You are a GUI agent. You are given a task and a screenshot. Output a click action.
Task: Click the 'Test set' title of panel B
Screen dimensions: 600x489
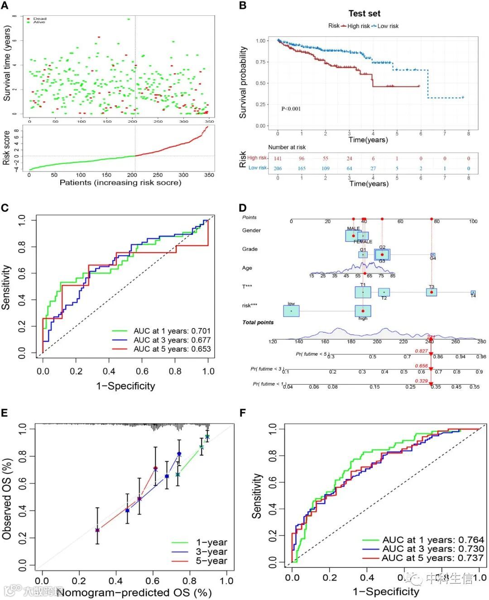(x=364, y=14)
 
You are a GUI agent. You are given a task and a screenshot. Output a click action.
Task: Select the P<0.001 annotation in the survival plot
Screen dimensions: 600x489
(x=291, y=109)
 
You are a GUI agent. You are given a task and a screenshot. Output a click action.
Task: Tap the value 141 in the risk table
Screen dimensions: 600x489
(x=278, y=158)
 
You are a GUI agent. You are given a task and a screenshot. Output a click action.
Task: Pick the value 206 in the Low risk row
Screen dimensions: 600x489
(x=278, y=168)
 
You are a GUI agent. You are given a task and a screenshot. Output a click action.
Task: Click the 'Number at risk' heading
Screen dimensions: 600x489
(x=287, y=147)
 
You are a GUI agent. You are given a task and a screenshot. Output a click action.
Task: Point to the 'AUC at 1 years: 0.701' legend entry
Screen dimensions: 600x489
(x=172, y=331)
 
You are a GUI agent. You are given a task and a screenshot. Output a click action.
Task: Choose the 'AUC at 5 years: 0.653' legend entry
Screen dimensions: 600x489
(x=172, y=349)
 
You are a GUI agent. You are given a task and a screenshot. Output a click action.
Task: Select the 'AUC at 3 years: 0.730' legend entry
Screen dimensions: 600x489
(x=433, y=549)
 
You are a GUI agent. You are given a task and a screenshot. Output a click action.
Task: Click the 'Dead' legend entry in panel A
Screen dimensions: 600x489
(x=39, y=19)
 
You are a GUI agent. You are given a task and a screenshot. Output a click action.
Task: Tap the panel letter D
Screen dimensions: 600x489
(x=243, y=208)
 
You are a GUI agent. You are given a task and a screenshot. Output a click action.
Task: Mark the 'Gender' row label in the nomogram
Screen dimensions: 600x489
(x=251, y=230)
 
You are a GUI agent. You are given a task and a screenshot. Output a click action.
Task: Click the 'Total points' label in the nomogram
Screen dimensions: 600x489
(x=258, y=322)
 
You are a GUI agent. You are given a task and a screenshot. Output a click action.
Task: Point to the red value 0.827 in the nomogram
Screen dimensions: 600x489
(x=421, y=351)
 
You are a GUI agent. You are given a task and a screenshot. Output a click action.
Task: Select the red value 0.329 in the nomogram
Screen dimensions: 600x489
(x=421, y=381)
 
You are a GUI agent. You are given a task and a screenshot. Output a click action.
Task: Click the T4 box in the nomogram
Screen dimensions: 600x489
(x=473, y=293)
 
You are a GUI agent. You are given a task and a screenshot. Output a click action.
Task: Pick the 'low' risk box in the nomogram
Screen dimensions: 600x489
(x=291, y=311)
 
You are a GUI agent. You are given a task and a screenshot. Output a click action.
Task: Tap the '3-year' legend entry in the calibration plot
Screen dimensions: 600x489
(x=211, y=552)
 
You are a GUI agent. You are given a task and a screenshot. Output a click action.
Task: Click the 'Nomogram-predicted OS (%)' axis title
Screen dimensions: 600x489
(x=134, y=592)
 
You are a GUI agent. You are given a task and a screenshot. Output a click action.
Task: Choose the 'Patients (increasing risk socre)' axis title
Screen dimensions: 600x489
(x=120, y=182)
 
